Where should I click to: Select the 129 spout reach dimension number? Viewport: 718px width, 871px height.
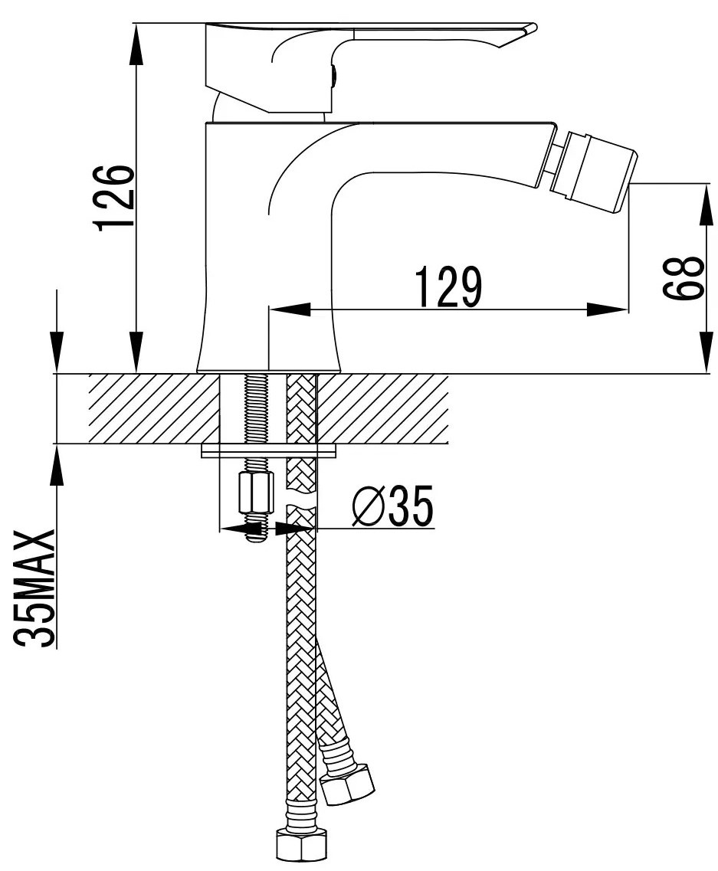point(449,287)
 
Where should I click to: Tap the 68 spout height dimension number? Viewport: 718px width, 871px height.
point(683,278)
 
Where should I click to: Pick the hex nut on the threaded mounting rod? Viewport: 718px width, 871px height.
point(255,492)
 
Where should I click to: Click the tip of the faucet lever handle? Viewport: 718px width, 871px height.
point(535,27)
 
